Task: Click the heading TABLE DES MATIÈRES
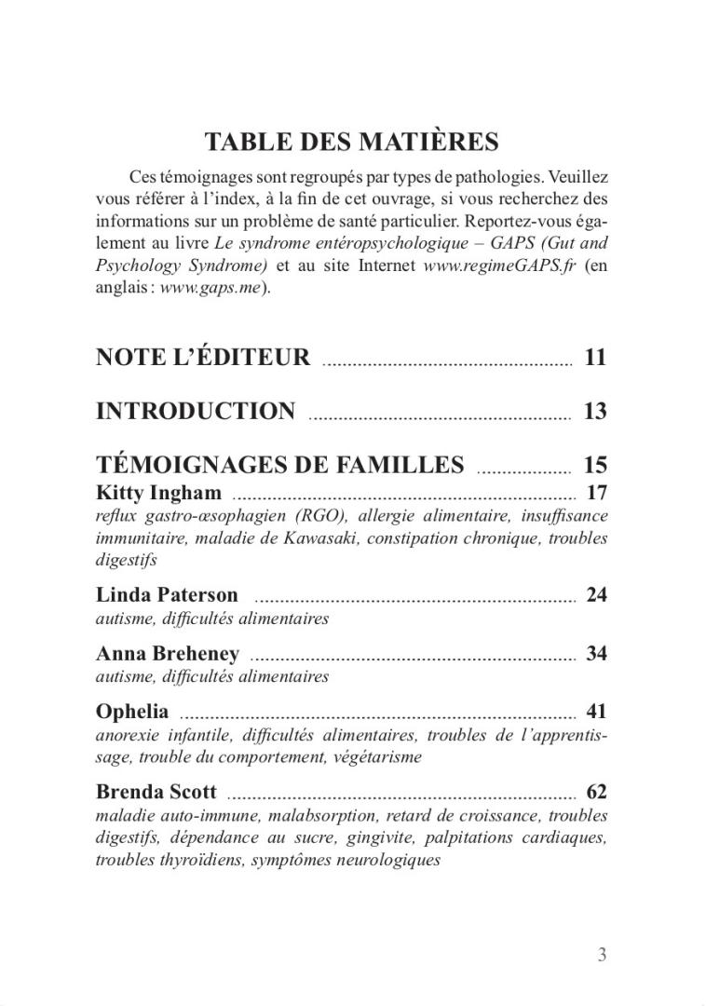[351, 143]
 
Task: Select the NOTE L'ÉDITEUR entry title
[203, 357]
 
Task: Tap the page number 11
[595, 357]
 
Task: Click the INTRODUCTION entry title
[196, 411]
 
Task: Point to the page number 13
[595, 411]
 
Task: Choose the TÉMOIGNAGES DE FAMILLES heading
[279, 465]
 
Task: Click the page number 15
[595, 465]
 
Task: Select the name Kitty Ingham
[158, 493]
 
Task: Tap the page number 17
[596, 493]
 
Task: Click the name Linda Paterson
[167, 594]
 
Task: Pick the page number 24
[596, 594]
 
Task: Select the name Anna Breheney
[168, 653]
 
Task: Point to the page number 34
[596, 653]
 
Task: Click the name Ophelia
[132, 712]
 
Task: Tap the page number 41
[596, 712]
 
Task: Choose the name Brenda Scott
[156, 793]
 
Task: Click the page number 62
[596, 793]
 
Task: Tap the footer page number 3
[602, 954]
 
